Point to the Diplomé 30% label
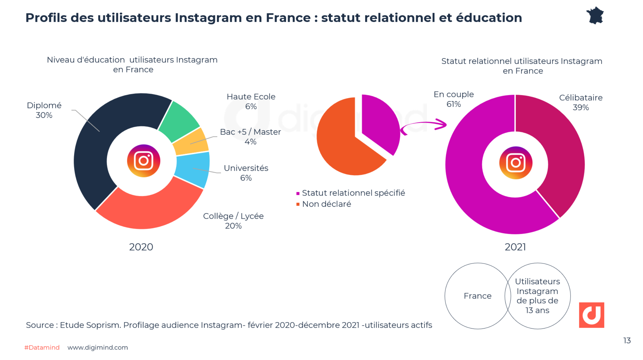coord(44,110)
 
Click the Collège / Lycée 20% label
coord(233,221)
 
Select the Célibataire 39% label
coord(581,102)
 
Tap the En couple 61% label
coord(454,99)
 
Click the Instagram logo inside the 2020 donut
coord(143,161)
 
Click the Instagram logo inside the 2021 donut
coord(515,163)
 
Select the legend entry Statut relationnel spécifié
coord(353,193)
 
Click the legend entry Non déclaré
coord(327,204)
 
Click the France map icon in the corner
coord(595,16)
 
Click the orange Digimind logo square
coord(591,315)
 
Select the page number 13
coord(627,340)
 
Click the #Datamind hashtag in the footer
coord(42,347)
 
